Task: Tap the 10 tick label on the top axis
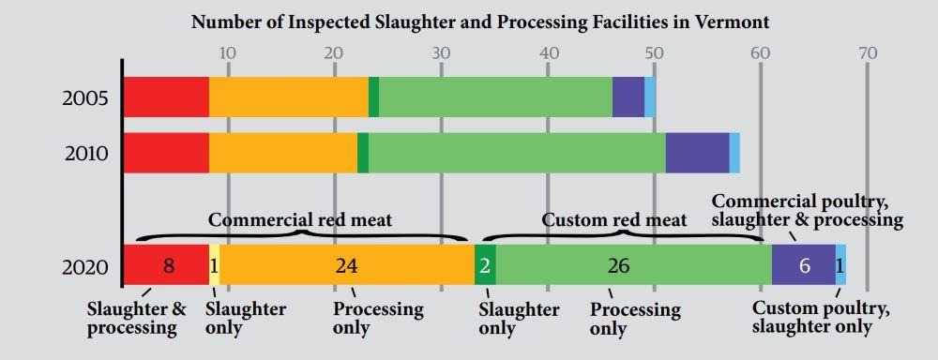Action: pos(227,52)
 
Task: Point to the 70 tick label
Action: pos(868,52)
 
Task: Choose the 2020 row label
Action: pos(85,266)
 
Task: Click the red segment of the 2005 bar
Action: pos(166,97)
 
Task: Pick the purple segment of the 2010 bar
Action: pos(697,153)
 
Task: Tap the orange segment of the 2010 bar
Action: pos(283,153)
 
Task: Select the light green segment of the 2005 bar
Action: pos(495,97)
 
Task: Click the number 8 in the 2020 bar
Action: pos(169,266)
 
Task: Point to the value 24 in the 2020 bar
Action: pos(346,266)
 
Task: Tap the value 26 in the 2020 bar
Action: pos(618,266)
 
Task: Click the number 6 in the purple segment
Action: pos(804,266)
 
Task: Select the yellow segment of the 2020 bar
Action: pos(215,266)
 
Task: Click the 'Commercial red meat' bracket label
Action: pos(300,220)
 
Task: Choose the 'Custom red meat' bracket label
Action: pos(614,220)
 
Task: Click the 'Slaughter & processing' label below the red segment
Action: pos(136,318)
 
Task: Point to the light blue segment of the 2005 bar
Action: pos(650,97)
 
